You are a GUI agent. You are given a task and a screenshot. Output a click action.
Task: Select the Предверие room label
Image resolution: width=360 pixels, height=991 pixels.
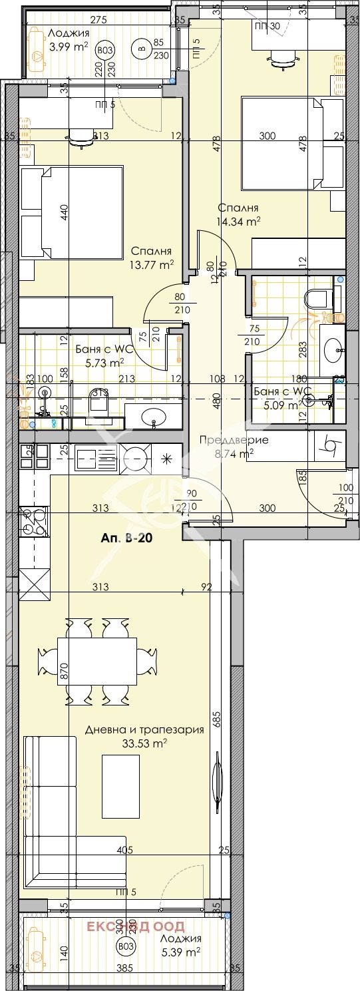225,440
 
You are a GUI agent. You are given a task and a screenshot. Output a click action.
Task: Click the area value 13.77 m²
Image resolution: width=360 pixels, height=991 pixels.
152,264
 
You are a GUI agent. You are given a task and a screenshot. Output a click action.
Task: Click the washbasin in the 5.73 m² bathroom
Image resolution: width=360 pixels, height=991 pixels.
155,419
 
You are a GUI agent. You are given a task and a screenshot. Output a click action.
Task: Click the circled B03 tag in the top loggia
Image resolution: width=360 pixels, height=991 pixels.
104,50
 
